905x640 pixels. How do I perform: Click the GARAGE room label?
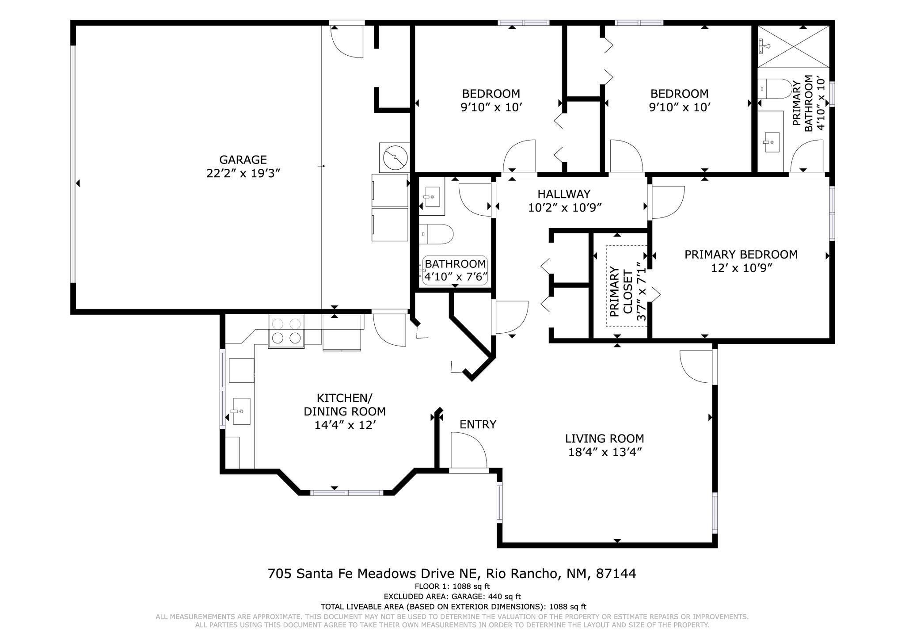pyautogui.click(x=243, y=160)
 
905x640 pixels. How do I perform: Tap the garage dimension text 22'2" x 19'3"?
pyautogui.click(x=243, y=173)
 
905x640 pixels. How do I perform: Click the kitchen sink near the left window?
pyautogui.click(x=241, y=411)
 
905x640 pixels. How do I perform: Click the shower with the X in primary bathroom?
pyautogui.click(x=794, y=46)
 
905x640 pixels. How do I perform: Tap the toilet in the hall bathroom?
pyautogui.click(x=437, y=234)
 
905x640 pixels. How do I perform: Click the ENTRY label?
pyautogui.click(x=478, y=424)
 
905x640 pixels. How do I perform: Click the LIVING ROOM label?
pyautogui.click(x=605, y=438)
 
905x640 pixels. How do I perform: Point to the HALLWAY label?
pyautogui.click(x=564, y=194)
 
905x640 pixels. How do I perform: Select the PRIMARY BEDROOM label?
pyautogui.click(x=741, y=255)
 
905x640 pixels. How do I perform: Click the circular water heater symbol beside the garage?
pyautogui.click(x=394, y=158)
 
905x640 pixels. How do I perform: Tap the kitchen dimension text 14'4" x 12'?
pyautogui.click(x=345, y=425)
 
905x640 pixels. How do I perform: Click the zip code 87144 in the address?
pyautogui.click(x=616, y=574)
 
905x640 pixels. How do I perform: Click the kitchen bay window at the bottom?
pyautogui.click(x=346, y=492)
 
